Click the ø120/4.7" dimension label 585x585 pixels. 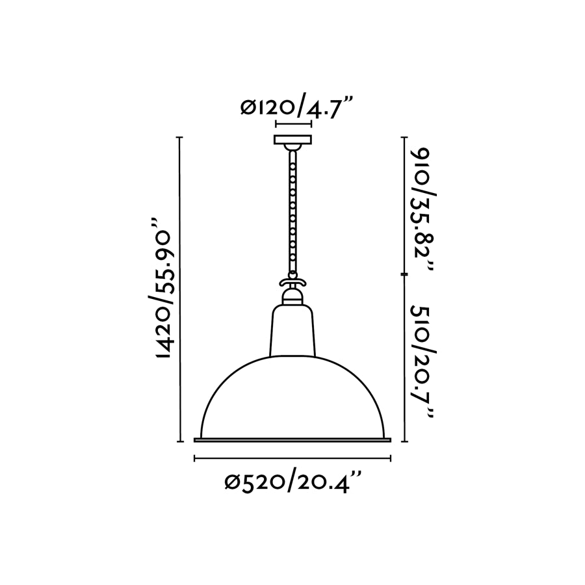pyautogui.click(x=296, y=105)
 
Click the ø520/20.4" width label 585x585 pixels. pyautogui.click(x=292, y=482)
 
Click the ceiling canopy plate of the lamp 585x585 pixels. pyautogui.click(x=292, y=140)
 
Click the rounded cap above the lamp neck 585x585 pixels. pyautogui.click(x=292, y=297)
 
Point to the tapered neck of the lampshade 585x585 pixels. pyautogui.click(x=292, y=331)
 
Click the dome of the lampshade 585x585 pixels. pyautogui.click(x=292, y=396)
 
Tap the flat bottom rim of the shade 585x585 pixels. pyautogui.click(x=292, y=440)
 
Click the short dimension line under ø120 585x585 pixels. pyautogui.click(x=293, y=123)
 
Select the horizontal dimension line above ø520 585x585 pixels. pyautogui.click(x=292, y=459)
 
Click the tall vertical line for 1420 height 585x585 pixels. pyautogui.click(x=180, y=289)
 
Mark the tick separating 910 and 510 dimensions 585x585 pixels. pyautogui.click(x=405, y=276)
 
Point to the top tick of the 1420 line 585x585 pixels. pyautogui.click(x=180, y=138)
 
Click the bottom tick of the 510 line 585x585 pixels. pyautogui.click(x=405, y=441)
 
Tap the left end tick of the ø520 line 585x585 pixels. pyautogui.click(x=195, y=459)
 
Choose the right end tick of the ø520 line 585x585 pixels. pyautogui.click(x=390, y=459)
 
